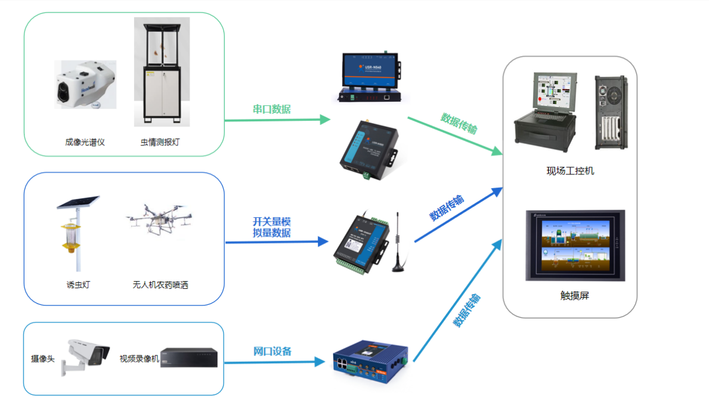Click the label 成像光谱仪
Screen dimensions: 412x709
(x=85, y=142)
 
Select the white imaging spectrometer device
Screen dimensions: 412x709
(x=85, y=85)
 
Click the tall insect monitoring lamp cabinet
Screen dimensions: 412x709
(x=162, y=71)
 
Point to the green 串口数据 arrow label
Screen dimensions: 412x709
(x=272, y=109)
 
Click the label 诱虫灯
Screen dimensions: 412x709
(x=78, y=285)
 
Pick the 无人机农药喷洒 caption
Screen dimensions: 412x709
(x=160, y=285)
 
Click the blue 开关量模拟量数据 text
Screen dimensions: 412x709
(x=272, y=227)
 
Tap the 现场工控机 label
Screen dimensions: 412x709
(x=570, y=171)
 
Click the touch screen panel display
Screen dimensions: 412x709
(x=575, y=245)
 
